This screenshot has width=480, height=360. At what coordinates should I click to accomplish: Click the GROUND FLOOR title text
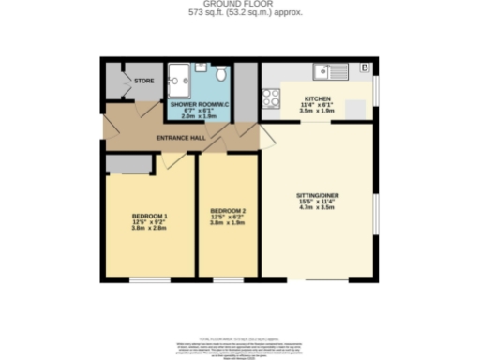click(239, 5)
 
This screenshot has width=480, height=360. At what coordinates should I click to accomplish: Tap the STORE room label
click(143, 81)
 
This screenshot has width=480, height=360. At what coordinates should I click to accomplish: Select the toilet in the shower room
click(220, 74)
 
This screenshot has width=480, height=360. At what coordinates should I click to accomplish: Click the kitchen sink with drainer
click(331, 68)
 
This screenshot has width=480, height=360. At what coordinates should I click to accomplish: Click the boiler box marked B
click(365, 68)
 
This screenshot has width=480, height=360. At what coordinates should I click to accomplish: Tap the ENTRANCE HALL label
click(182, 138)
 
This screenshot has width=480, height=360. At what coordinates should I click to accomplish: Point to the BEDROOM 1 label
click(148, 216)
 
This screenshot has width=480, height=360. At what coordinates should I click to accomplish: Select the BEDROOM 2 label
click(228, 210)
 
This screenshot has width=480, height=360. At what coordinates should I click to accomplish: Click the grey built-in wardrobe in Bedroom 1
click(129, 165)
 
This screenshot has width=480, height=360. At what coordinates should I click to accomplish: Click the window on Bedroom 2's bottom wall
click(228, 278)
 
